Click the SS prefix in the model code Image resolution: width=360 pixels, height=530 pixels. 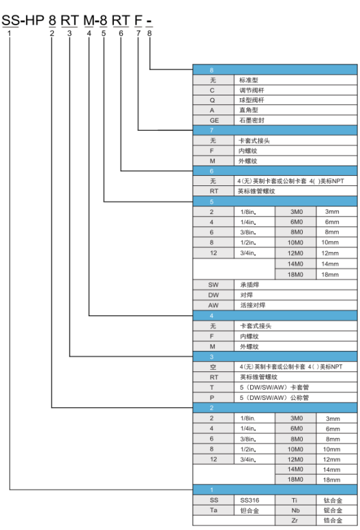click(x=10, y=20)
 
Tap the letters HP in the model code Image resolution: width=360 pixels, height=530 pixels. click(x=35, y=20)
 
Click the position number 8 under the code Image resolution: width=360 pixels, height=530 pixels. click(x=149, y=33)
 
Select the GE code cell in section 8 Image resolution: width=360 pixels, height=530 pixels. click(x=213, y=121)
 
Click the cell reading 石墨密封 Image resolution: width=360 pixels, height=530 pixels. click(x=296, y=121)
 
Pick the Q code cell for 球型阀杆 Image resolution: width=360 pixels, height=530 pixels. click(x=213, y=100)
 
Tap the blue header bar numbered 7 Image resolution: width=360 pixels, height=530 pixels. click(x=275, y=130)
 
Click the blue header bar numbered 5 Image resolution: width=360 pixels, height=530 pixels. click(x=275, y=202)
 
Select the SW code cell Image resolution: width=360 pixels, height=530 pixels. click(x=213, y=285)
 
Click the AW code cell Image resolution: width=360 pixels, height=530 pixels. click(x=213, y=305)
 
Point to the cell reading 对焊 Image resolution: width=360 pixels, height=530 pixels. click(x=296, y=295)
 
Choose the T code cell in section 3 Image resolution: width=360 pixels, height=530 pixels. click(x=213, y=388)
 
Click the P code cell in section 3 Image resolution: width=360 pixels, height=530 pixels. click(x=213, y=398)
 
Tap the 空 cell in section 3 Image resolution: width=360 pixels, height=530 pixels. click(x=213, y=367)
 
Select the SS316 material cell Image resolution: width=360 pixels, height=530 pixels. click(x=254, y=500)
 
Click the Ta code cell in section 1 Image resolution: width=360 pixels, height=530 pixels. click(x=213, y=510)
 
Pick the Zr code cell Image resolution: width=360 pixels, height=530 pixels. click(x=295, y=520)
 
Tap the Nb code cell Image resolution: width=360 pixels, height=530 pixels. click(x=295, y=510)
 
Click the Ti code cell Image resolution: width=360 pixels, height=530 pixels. click(x=295, y=500)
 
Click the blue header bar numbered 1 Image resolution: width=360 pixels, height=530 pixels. click(x=275, y=490)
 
